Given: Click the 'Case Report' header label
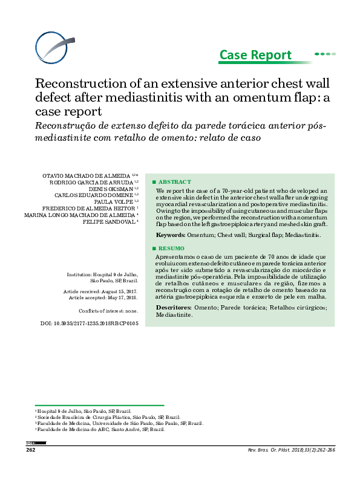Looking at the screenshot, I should pyautogui.click(x=255, y=55).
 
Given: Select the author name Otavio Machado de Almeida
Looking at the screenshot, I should pyautogui.click(x=91, y=175).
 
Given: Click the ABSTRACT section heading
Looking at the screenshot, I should pyautogui.click(x=174, y=181).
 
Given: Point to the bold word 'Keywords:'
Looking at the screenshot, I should pyautogui.click(x=171, y=235).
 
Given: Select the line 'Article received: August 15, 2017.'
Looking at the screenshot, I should pyautogui.click(x=100, y=291).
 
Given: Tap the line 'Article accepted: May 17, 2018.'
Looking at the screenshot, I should pyautogui.click(x=103, y=298).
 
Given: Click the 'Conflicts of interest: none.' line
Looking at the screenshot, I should pyautogui.click(x=108, y=311).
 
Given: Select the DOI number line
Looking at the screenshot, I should pyautogui.click(x=90, y=324).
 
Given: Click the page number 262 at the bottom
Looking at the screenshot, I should pyautogui.click(x=31, y=450).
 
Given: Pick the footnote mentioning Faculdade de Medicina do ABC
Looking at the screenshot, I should pyautogui.click(x=100, y=429).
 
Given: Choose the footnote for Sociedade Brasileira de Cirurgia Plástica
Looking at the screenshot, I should pyautogui.click(x=108, y=417).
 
